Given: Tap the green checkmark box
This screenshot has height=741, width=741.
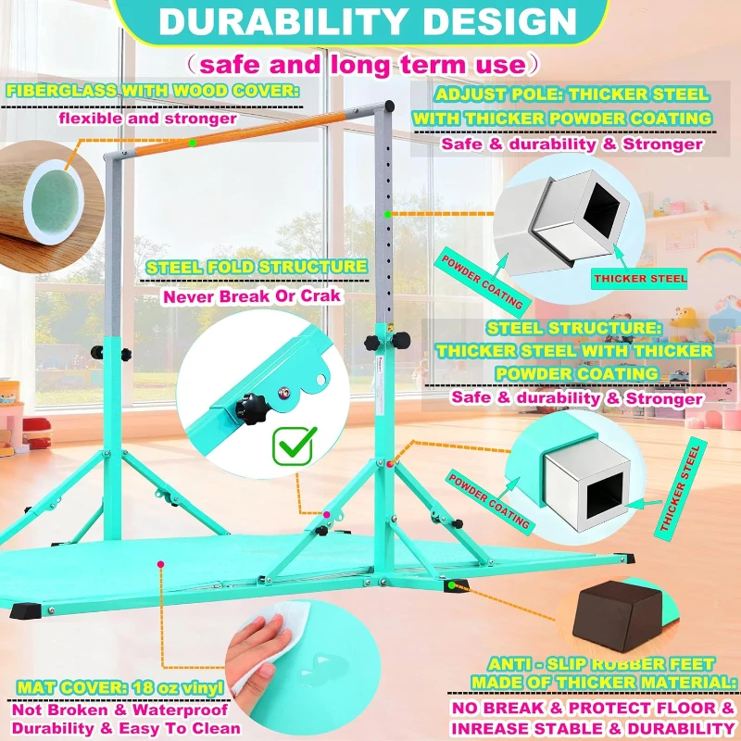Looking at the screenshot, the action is coord(294,446).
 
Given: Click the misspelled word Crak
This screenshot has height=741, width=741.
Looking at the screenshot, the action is coord(320,296).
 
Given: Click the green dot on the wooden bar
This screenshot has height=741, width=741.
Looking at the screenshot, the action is coord(193,143).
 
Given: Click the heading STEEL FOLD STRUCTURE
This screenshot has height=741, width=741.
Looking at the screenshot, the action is coord(257,267).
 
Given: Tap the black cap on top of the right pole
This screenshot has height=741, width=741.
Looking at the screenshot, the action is coord(389,106).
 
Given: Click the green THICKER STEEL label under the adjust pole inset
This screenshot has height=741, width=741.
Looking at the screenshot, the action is coord(640,279).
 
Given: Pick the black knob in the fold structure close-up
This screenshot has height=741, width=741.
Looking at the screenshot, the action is coord(250,408).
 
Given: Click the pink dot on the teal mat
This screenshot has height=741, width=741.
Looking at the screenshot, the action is coord(160,564).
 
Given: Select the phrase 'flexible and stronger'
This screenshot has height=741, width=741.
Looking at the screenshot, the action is coord(148,119).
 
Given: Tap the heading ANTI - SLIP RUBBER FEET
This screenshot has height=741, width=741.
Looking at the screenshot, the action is coord(601,664).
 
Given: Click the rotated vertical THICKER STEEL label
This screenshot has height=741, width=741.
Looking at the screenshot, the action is coord(680,488).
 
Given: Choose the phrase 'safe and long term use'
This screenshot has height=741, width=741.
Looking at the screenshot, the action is coord(362,65).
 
